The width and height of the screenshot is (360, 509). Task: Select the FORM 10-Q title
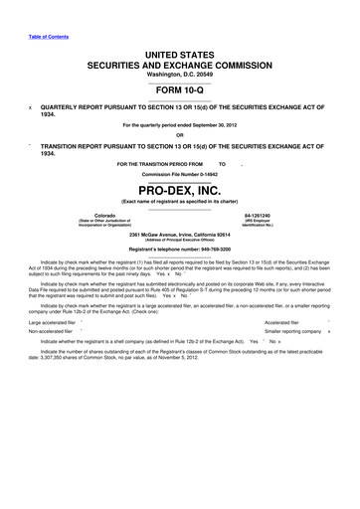pyautogui.click(x=180, y=84)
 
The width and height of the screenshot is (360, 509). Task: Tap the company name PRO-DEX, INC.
pyautogui.click(x=180, y=189)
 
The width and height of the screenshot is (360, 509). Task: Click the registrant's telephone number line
pyautogui.click(x=180, y=249)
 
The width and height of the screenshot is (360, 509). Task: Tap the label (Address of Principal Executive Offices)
pyautogui.click(x=180, y=242)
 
